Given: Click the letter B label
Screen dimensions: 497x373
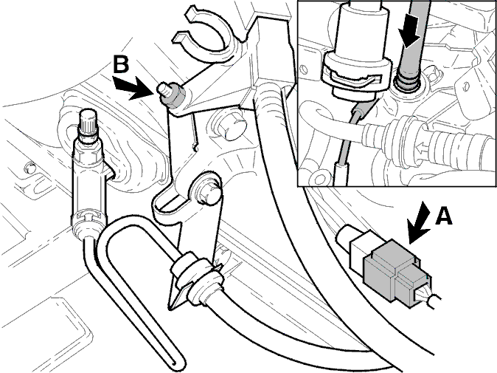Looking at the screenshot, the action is click(x=122, y=64).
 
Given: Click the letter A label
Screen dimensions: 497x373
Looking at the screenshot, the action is click(x=443, y=216).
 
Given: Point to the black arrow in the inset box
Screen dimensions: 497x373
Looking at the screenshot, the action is click(x=409, y=36).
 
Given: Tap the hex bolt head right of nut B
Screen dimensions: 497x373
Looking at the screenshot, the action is click(x=230, y=126).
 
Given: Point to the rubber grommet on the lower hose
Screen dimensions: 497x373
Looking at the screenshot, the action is click(x=196, y=277).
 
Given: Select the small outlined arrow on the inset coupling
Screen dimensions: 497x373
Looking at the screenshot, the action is click(x=423, y=147).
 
